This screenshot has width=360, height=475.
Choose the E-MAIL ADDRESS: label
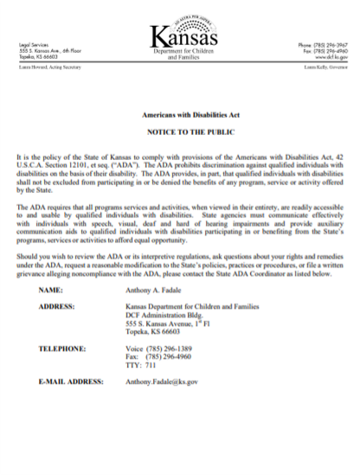tap(74, 381)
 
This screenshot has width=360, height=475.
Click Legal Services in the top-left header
tap(35, 44)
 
